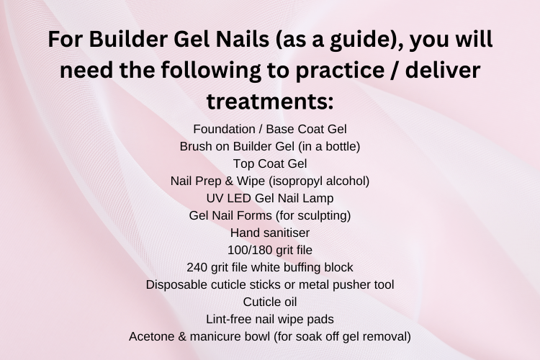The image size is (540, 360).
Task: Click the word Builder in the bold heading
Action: [x=128, y=39]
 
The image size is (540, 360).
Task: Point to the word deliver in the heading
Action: [x=443, y=70]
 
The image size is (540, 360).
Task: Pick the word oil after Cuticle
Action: [x=289, y=302]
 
